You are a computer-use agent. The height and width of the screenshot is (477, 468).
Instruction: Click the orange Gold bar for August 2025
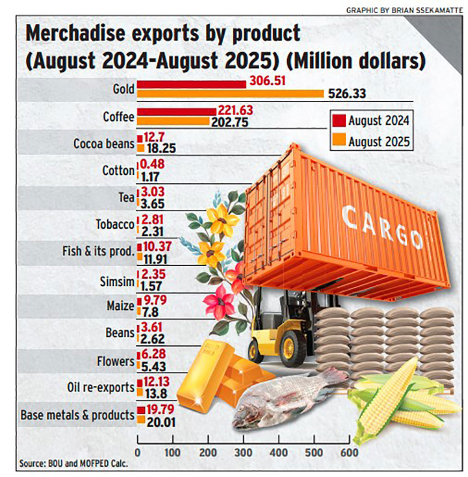(229, 94)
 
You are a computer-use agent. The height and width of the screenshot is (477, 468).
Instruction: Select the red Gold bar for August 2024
(191, 84)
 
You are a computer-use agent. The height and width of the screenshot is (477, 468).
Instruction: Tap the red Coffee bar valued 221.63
(176, 112)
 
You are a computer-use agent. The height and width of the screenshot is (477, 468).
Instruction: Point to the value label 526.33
(347, 94)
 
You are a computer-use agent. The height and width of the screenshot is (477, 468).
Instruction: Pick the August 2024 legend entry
(372, 120)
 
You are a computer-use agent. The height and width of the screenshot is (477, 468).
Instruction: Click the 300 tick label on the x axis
(244, 453)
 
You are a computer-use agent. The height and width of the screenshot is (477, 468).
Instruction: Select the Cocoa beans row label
(104, 143)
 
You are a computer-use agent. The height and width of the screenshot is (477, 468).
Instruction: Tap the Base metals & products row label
(77, 415)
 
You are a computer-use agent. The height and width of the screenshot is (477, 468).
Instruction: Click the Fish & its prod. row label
(98, 251)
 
